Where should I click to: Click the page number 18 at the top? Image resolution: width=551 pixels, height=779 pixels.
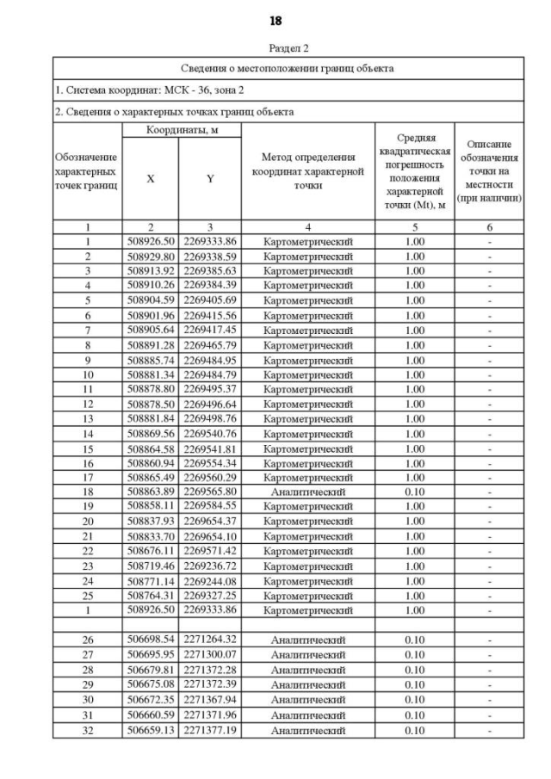pyautogui.click(x=275, y=20)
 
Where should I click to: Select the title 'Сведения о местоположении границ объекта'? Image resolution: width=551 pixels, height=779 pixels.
pyautogui.click(x=288, y=68)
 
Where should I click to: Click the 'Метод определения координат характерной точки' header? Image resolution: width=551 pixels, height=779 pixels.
pyautogui.click(x=307, y=170)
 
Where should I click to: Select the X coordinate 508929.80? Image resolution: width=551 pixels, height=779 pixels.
pyautogui.click(x=151, y=256)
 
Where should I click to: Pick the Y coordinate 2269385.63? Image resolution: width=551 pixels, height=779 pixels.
pyautogui.click(x=210, y=270)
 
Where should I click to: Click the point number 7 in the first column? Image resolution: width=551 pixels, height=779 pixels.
pyautogui.click(x=88, y=330)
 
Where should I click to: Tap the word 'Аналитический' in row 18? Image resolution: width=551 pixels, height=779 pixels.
pyautogui.click(x=307, y=492)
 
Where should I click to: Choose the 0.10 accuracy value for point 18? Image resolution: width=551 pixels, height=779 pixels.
pyautogui.click(x=414, y=492)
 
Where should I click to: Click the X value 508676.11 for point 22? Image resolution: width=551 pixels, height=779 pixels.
pyautogui.click(x=151, y=551)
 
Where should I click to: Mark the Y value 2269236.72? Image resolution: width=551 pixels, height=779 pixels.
pyautogui.click(x=210, y=566)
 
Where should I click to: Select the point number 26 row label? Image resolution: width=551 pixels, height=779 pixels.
pyautogui.click(x=88, y=640)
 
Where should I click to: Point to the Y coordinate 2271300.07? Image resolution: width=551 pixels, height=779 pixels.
pyautogui.click(x=210, y=655)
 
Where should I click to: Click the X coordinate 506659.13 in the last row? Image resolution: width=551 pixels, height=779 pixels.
pyautogui.click(x=151, y=730)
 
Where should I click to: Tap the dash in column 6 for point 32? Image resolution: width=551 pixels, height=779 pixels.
pyautogui.click(x=489, y=730)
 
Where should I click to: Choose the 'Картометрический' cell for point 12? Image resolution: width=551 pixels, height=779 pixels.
pyautogui.click(x=307, y=403)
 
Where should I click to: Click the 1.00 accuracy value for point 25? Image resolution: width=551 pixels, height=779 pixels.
pyautogui.click(x=414, y=595)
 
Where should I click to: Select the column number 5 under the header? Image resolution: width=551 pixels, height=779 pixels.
pyautogui.click(x=414, y=227)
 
